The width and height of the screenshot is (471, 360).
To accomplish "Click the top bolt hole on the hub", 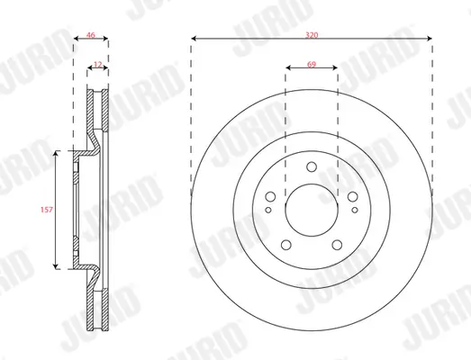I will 312,166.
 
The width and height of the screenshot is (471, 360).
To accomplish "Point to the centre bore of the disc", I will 312,210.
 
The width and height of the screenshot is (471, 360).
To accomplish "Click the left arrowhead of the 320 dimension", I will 194,39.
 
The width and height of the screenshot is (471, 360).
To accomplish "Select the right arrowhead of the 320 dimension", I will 430,39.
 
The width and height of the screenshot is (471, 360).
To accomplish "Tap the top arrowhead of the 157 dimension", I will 58,155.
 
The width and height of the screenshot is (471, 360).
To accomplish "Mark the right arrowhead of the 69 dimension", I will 336,67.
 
